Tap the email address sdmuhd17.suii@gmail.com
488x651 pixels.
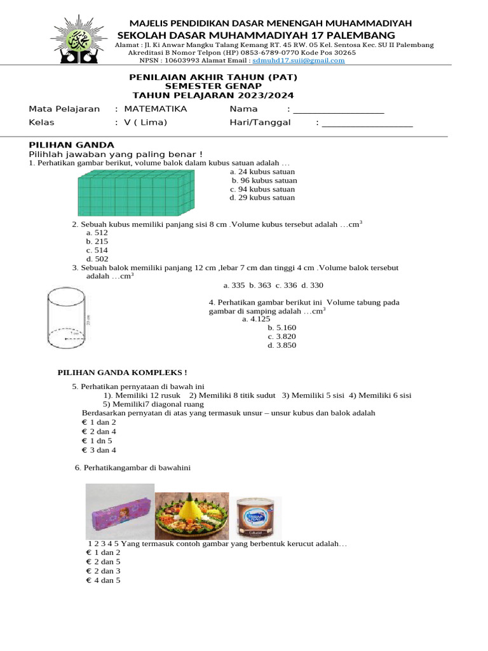point(298,61)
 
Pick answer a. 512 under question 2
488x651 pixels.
point(97,233)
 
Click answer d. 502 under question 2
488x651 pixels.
point(97,259)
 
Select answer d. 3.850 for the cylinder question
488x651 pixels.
point(281,345)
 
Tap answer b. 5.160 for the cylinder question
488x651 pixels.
point(281,327)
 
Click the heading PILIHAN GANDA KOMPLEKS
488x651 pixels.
point(123,372)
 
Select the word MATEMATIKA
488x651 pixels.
point(156,109)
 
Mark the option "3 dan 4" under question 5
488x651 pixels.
point(101,450)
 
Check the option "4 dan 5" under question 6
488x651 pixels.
point(105,580)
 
